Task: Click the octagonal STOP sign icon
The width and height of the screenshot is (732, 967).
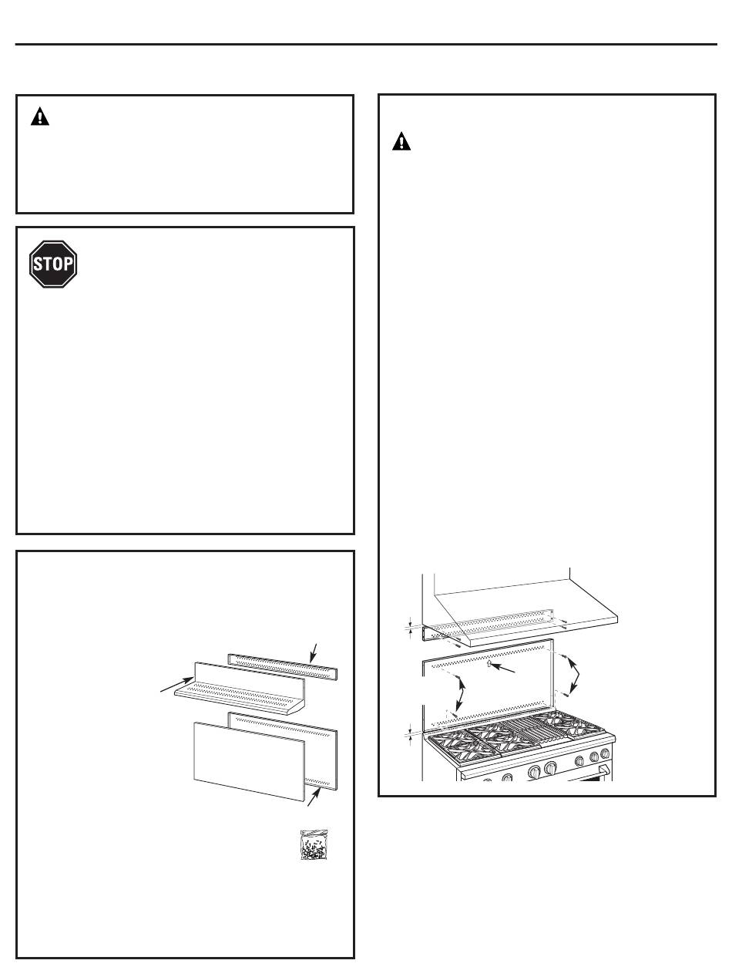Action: pos(53,264)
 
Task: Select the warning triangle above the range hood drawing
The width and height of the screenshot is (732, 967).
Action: pos(401,141)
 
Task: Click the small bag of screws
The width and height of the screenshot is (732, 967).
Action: pos(314,844)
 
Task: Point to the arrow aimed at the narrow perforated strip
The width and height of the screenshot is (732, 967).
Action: pos(313,653)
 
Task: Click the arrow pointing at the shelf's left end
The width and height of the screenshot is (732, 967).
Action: pos(176,685)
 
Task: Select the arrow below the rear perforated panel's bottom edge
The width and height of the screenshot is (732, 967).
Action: pos(314,797)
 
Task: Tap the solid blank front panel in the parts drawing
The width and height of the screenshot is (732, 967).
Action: pos(249,761)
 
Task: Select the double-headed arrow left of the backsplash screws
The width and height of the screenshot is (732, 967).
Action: pos(461,701)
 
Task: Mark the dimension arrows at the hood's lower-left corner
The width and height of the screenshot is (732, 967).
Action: pos(410,628)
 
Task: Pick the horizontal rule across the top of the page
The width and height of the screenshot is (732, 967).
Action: pos(366,45)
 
